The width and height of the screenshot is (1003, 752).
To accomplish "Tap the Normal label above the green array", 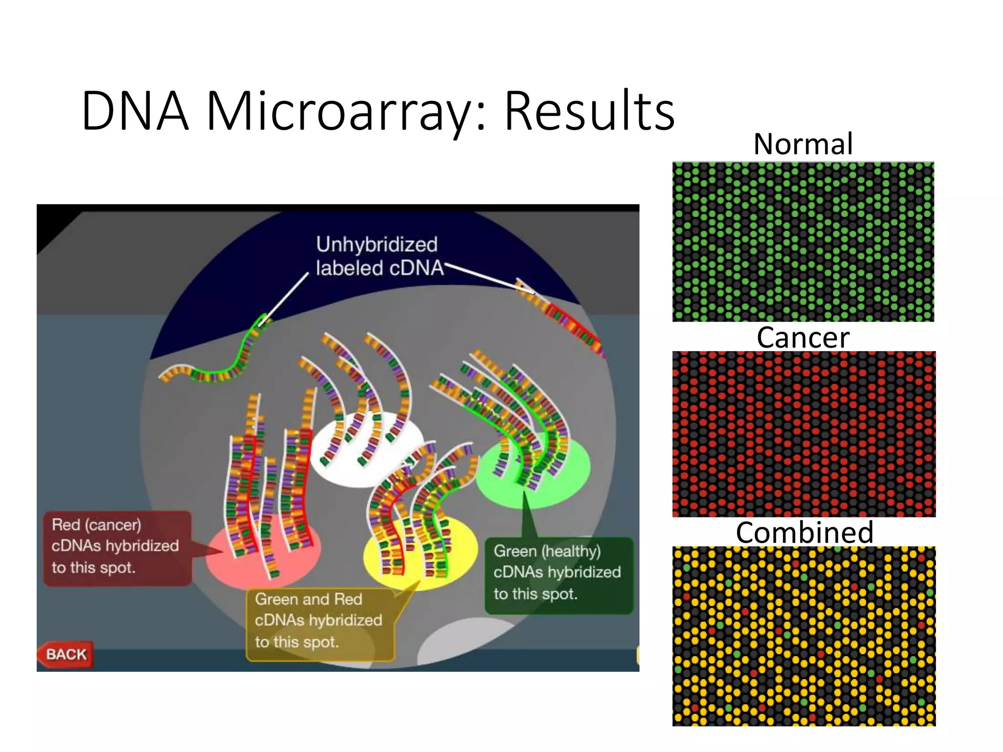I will pos(803,144).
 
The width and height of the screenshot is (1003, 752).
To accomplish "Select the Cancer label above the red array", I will pos(803,337).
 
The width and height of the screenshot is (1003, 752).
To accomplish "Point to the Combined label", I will pos(804,532).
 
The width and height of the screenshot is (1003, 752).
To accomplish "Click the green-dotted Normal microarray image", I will pos(803,242).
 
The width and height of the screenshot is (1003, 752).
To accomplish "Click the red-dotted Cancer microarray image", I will pos(803,434).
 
